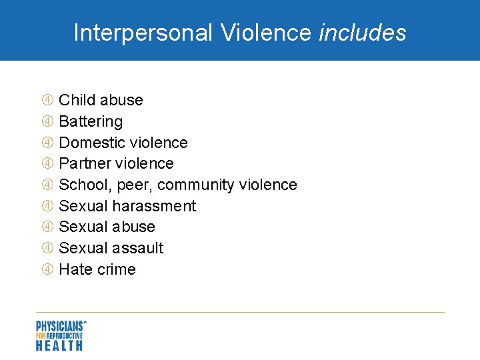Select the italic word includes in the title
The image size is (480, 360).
pos(363,33)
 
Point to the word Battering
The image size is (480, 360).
pos(91,121)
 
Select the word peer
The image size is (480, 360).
pos(136,185)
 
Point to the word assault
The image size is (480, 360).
pos(138,248)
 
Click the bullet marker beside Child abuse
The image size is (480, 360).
pos(48,100)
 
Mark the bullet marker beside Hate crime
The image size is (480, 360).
pos(48,269)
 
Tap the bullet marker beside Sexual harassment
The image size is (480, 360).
pos(48,206)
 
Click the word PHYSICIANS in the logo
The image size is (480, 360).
pos(59,326)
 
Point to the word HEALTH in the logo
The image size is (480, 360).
pos(59,345)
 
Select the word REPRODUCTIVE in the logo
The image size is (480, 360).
pos(65,336)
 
